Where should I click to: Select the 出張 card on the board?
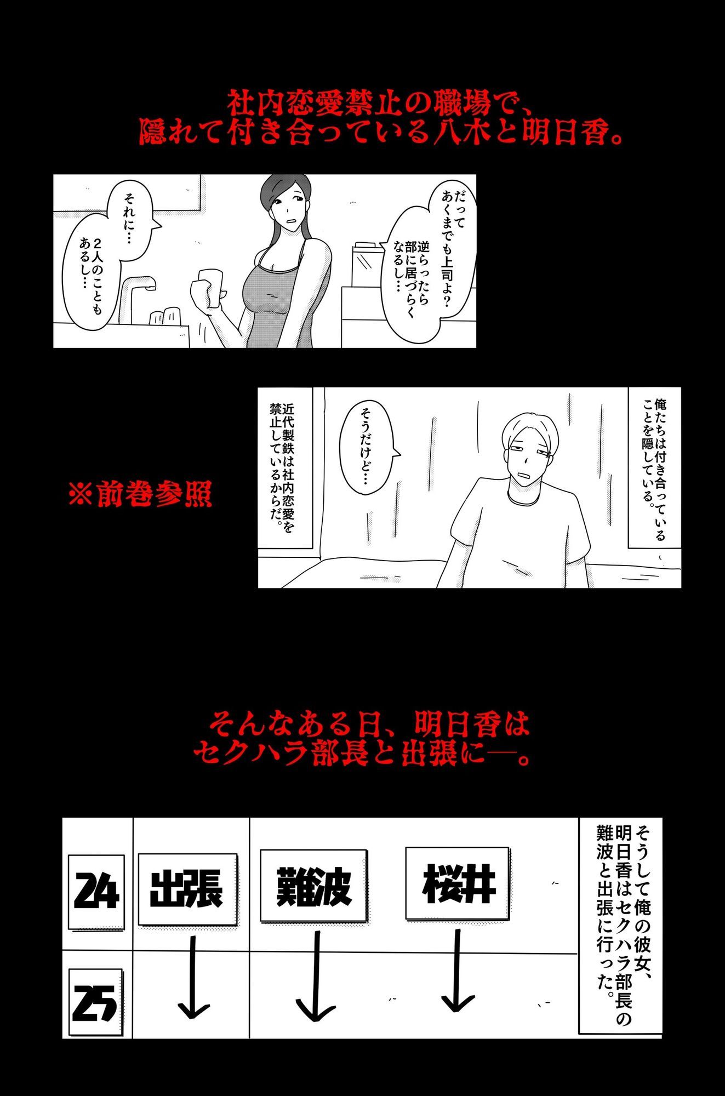click(187, 888)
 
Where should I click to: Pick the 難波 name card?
click(313, 886)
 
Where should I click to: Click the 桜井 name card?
click(458, 883)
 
